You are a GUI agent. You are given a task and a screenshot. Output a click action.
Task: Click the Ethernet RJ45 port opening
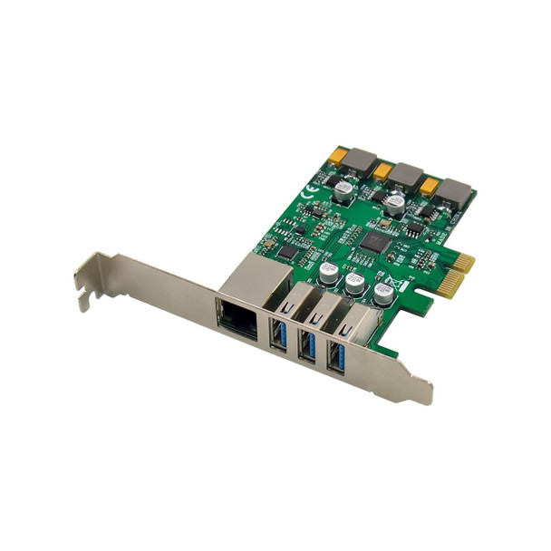coord(238,317)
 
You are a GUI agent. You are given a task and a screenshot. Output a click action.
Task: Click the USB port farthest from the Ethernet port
coord(338,352)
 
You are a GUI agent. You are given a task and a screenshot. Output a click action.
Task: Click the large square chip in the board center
coord(372,241)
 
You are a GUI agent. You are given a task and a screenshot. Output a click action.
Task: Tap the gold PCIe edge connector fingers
coord(462,264)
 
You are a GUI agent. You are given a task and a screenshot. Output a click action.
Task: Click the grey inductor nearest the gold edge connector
coord(455,192)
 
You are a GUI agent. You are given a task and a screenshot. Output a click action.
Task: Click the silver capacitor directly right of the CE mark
coord(344,188)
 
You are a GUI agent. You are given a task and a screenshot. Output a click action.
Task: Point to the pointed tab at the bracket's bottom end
coord(421,396)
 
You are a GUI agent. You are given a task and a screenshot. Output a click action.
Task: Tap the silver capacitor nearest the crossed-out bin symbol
coord(385,292)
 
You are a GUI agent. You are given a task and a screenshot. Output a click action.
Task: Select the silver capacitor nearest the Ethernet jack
coord(327,272)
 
